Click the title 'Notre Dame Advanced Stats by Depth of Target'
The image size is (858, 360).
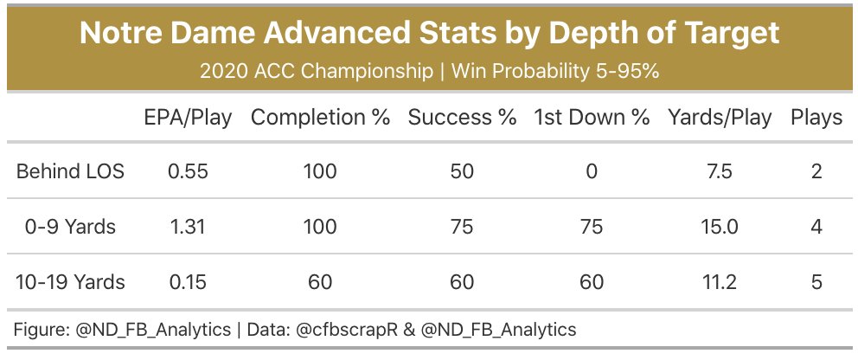click(429, 34)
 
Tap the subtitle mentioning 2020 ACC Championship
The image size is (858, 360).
click(429, 71)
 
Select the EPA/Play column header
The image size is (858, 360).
click(188, 119)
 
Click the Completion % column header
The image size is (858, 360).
click(320, 119)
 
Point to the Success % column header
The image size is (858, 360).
click(462, 119)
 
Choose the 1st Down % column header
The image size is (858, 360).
click(592, 119)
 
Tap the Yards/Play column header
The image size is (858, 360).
click(720, 119)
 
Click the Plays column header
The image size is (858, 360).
click(816, 119)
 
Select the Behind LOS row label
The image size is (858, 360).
click(70, 171)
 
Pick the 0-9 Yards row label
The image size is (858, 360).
click(70, 227)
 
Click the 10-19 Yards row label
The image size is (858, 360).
click(70, 282)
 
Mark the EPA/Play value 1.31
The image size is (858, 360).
click(188, 227)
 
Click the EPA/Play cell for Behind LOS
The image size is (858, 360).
click(188, 171)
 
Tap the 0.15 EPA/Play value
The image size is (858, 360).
click(188, 282)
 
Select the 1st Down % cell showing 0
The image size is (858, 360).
click(592, 171)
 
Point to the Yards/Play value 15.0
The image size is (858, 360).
click(720, 227)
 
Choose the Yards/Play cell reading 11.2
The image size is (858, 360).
click(720, 282)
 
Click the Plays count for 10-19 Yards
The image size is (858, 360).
click(816, 282)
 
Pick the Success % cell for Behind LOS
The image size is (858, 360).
click(462, 171)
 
